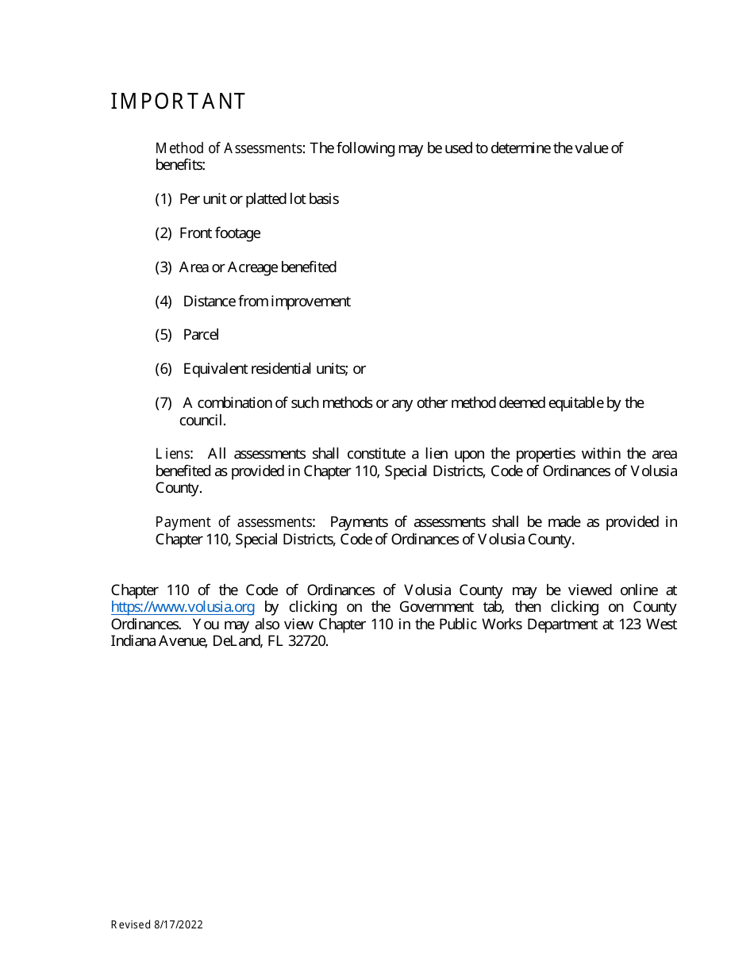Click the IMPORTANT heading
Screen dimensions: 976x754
(x=178, y=102)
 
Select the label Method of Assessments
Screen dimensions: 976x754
(x=229, y=148)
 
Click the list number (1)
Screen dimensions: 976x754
(x=163, y=199)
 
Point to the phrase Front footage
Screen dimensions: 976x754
(x=220, y=233)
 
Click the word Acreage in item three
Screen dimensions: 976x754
(x=252, y=267)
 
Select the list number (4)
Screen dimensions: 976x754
(x=163, y=302)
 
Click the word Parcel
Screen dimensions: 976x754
(x=201, y=335)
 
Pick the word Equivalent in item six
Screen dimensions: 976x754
(x=215, y=369)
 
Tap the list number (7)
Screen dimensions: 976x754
(x=163, y=403)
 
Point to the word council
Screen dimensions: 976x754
(x=202, y=421)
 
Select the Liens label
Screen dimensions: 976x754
(x=174, y=454)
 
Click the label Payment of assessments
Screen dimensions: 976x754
(x=234, y=522)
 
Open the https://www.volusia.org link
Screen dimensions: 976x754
(x=183, y=607)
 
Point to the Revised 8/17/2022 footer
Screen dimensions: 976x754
(x=156, y=924)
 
